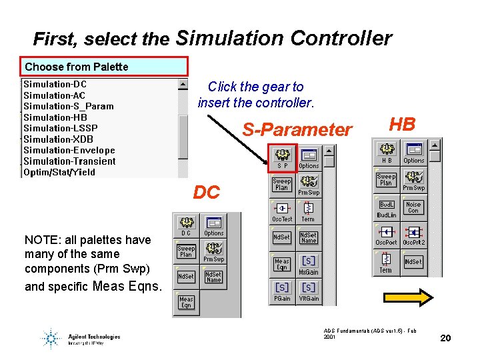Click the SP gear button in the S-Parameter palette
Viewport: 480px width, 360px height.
pos(282,158)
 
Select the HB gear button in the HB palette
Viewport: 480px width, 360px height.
pos(386,151)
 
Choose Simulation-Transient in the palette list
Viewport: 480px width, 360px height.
pos(69,161)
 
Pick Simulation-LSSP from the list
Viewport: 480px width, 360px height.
pos(60,128)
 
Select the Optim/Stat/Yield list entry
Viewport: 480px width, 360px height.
pos(59,172)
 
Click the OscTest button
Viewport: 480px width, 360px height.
pos(282,211)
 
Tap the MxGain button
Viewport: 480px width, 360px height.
pos(309,264)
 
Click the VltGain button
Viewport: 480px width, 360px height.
pos(309,291)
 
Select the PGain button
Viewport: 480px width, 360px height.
pos(282,291)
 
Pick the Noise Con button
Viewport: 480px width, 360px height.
pos(413,208)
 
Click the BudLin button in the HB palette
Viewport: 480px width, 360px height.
pos(386,208)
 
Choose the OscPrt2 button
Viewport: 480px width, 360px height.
pos(413,235)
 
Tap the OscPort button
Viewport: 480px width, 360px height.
pos(386,235)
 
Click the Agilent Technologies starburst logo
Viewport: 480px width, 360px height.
pos(50,339)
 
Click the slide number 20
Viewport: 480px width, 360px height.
pos(445,339)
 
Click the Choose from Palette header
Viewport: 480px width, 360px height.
pos(103,67)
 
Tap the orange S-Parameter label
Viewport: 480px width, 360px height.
pos(297,130)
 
